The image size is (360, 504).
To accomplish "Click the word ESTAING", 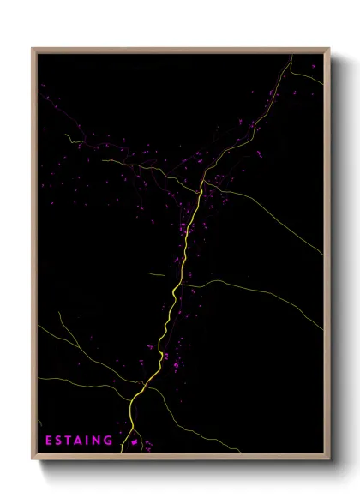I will point(79,441).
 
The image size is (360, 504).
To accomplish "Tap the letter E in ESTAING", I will point(49,441).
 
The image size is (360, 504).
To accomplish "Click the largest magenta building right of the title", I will point(135,442).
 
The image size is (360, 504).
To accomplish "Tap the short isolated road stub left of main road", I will point(154,274).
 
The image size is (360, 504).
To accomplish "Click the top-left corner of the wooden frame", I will point(33,49).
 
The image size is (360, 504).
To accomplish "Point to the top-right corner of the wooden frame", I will point(328,49).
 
